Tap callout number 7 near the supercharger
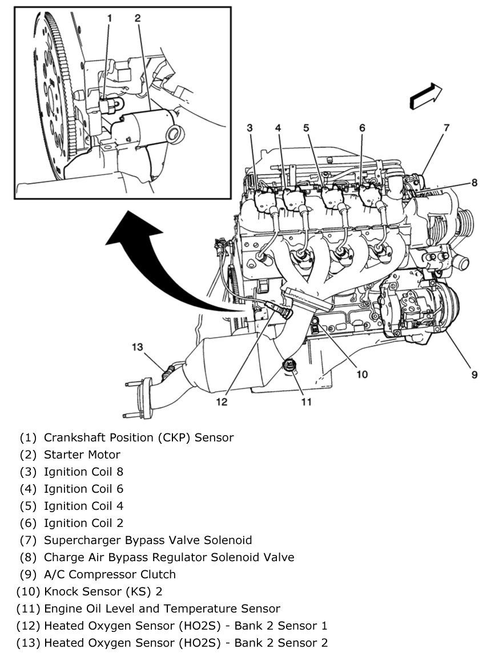pos(446,127)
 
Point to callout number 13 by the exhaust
pos(138,347)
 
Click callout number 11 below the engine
pos(307,402)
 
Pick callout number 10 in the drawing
pos(363,374)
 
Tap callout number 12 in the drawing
pos(222,402)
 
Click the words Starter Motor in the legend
pos(82,455)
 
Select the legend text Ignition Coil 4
pos(83,506)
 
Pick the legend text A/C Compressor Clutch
pos(110,574)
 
